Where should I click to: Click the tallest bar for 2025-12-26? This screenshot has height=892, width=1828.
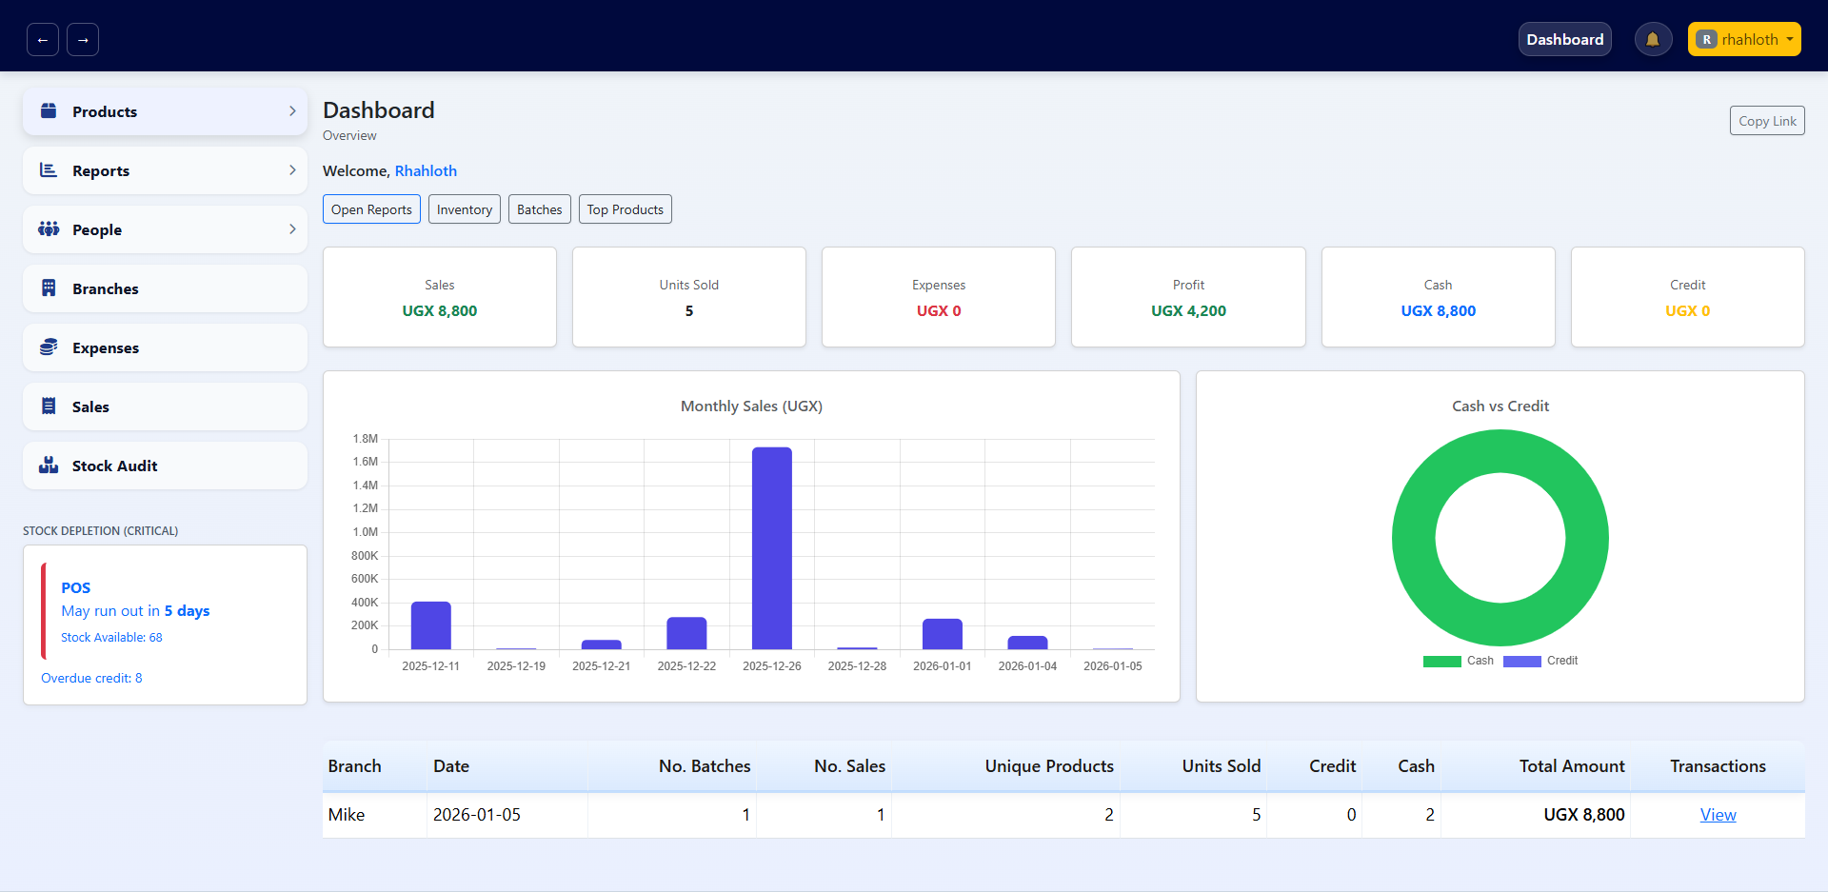[x=771, y=548]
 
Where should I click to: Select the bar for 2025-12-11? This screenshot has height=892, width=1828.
[x=430, y=625]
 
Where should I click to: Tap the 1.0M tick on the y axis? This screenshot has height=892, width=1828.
[x=366, y=532]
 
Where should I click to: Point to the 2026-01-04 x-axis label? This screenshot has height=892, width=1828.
[x=1027, y=666]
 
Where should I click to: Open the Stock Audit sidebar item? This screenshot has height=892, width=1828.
[x=165, y=466]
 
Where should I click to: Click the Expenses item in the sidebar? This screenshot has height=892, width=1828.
[x=165, y=347]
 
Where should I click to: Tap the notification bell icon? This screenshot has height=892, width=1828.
[x=1653, y=39]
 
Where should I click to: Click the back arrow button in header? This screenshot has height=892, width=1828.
[x=43, y=40]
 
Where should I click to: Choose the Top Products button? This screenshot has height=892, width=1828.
[x=625, y=209]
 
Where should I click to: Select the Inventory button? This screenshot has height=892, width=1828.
[x=464, y=209]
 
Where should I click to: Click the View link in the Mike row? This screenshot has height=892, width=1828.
[x=1718, y=815]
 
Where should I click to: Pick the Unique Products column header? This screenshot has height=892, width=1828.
[x=1048, y=766]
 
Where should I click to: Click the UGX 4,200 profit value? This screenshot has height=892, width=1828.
[x=1188, y=311]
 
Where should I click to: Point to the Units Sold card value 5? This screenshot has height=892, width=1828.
[x=688, y=311]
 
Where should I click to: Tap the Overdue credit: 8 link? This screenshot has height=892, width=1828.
[x=91, y=678]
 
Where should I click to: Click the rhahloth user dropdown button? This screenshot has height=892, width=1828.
[x=1743, y=39]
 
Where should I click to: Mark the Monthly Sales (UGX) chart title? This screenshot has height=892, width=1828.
[x=751, y=406]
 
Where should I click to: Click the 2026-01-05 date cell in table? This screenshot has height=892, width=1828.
[x=477, y=815]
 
